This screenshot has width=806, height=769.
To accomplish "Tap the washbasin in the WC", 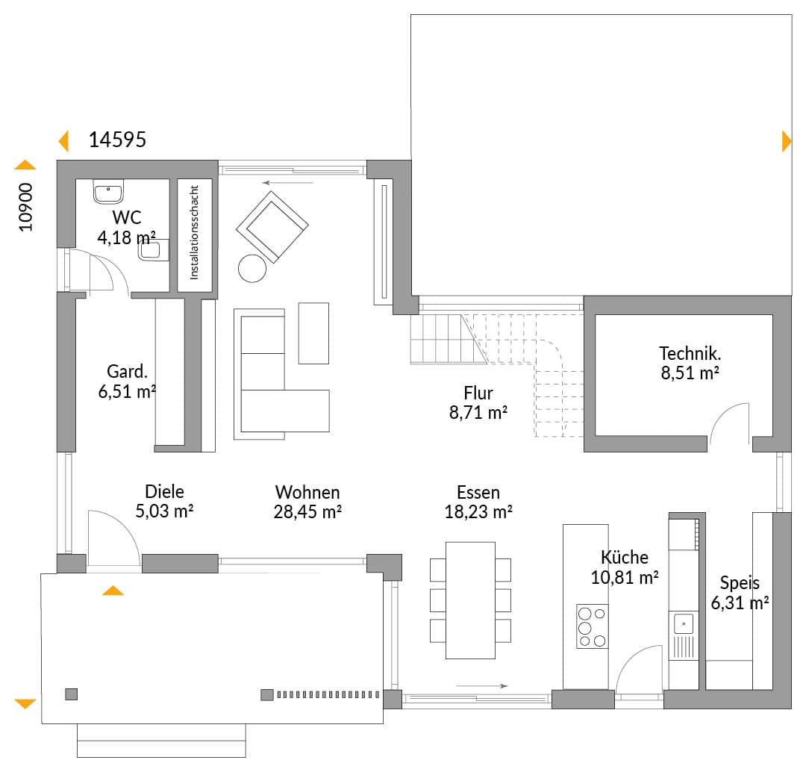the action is pyautogui.click(x=108, y=191).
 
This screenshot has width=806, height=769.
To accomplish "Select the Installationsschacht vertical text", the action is pyautogui.click(x=194, y=232).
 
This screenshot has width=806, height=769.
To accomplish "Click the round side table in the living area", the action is pyautogui.click(x=252, y=269).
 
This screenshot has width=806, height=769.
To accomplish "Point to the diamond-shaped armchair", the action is pyautogui.click(x=272, y=227).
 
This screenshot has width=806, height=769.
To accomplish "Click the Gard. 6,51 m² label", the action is pyautogui.click(x=127, y=382).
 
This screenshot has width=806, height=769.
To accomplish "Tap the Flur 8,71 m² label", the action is pyautogui.click(x=478, y=402).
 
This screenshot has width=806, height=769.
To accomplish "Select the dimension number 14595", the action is pyautogui.click(x=117, y=140).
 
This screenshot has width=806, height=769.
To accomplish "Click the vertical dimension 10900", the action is pyautogui.click(x=25, y=208).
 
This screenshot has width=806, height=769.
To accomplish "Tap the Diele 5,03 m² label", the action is pyautogui.click(x=164, y=501).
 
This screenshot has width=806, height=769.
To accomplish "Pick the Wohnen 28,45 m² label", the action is pyautogui.click(x=307, y=502).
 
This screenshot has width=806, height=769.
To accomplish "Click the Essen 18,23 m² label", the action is pyautogui.click(x=478, y=502).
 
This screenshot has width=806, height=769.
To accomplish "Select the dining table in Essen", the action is pyautogui.click(x=470, y=600).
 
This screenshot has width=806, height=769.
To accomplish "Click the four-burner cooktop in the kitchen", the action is pyautogui.click(x=592, y=626).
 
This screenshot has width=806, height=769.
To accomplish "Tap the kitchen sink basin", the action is pyautogui.click(x=684, y=624).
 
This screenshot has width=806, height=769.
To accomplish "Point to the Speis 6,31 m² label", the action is pyautogui.click(x=740, y=593).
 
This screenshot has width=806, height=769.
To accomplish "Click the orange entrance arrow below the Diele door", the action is pyautogui.click(x=113, y=591).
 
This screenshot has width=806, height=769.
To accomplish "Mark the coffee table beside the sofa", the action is pyautogui.click(x=313, y=333).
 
